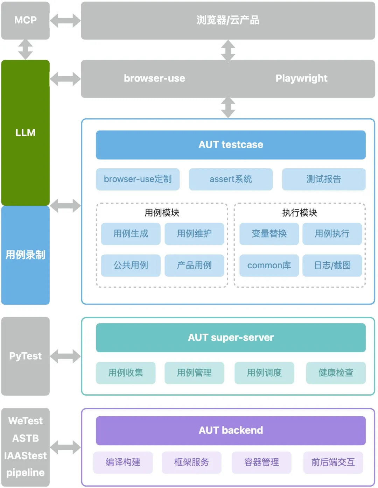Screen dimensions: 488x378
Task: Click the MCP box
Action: click(25, 20)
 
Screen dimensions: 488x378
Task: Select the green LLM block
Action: click(25, 133)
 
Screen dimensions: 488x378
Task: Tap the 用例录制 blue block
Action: click(25, 255)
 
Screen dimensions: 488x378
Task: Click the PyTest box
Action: click(25, 356)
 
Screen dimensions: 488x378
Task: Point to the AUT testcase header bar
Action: click(231, 145)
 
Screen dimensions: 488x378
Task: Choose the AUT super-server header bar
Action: click(231, 338)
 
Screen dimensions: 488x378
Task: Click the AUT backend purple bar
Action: click(231, 430)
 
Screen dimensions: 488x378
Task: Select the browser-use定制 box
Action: click(138, 179)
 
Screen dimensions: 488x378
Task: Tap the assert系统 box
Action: click(231, 179)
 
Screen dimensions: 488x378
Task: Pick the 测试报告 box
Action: click(324, 179)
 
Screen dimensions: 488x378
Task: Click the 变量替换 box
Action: click(269, 234)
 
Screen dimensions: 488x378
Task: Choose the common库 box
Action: click(269, 266)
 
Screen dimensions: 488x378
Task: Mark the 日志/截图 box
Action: click(332, 266)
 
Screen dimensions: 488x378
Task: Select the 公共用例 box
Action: click(131, 266)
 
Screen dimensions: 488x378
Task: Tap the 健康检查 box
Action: click(336, 373)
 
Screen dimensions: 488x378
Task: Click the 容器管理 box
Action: click(261, 462)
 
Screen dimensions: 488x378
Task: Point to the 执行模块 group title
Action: click(300, 213)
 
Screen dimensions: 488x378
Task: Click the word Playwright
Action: click(301, 78)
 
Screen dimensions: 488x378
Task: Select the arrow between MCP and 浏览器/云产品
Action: click(65, 20)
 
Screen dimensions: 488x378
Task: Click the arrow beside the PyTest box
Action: click(65, 356)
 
